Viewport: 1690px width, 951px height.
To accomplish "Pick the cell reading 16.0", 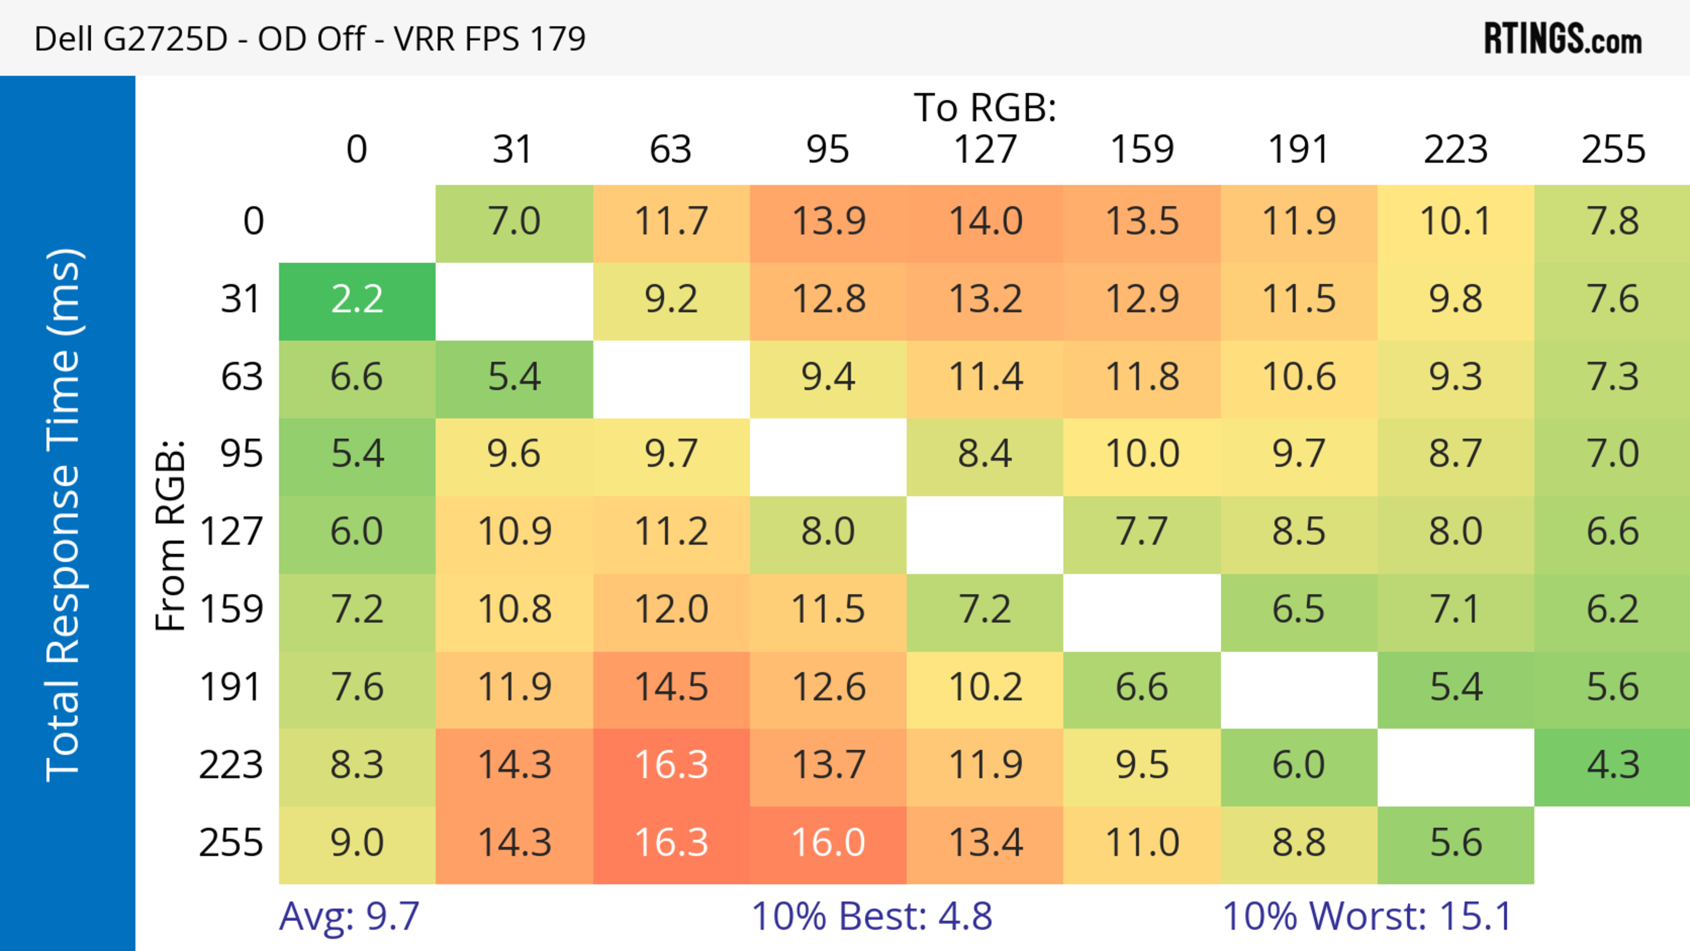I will coord(828,843).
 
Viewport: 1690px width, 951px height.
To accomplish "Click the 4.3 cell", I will coord(1613,765).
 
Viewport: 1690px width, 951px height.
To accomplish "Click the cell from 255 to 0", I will coord(357,843).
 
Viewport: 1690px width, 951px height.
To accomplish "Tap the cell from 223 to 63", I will coord(671,765).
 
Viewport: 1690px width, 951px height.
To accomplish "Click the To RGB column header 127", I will coord(985,150).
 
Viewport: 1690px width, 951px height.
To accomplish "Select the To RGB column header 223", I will coord(1455,150).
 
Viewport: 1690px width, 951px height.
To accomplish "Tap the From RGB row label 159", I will coord(231,610).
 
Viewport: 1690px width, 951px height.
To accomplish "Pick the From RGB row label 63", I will coord(242,378).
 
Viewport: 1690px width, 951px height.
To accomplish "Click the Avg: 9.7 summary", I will coord(349,916).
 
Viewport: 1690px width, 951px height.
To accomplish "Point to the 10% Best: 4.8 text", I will coord(871,916).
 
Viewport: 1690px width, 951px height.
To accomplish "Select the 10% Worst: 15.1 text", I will coord(1367,916).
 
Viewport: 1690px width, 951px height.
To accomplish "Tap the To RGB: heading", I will coord(985,107).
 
